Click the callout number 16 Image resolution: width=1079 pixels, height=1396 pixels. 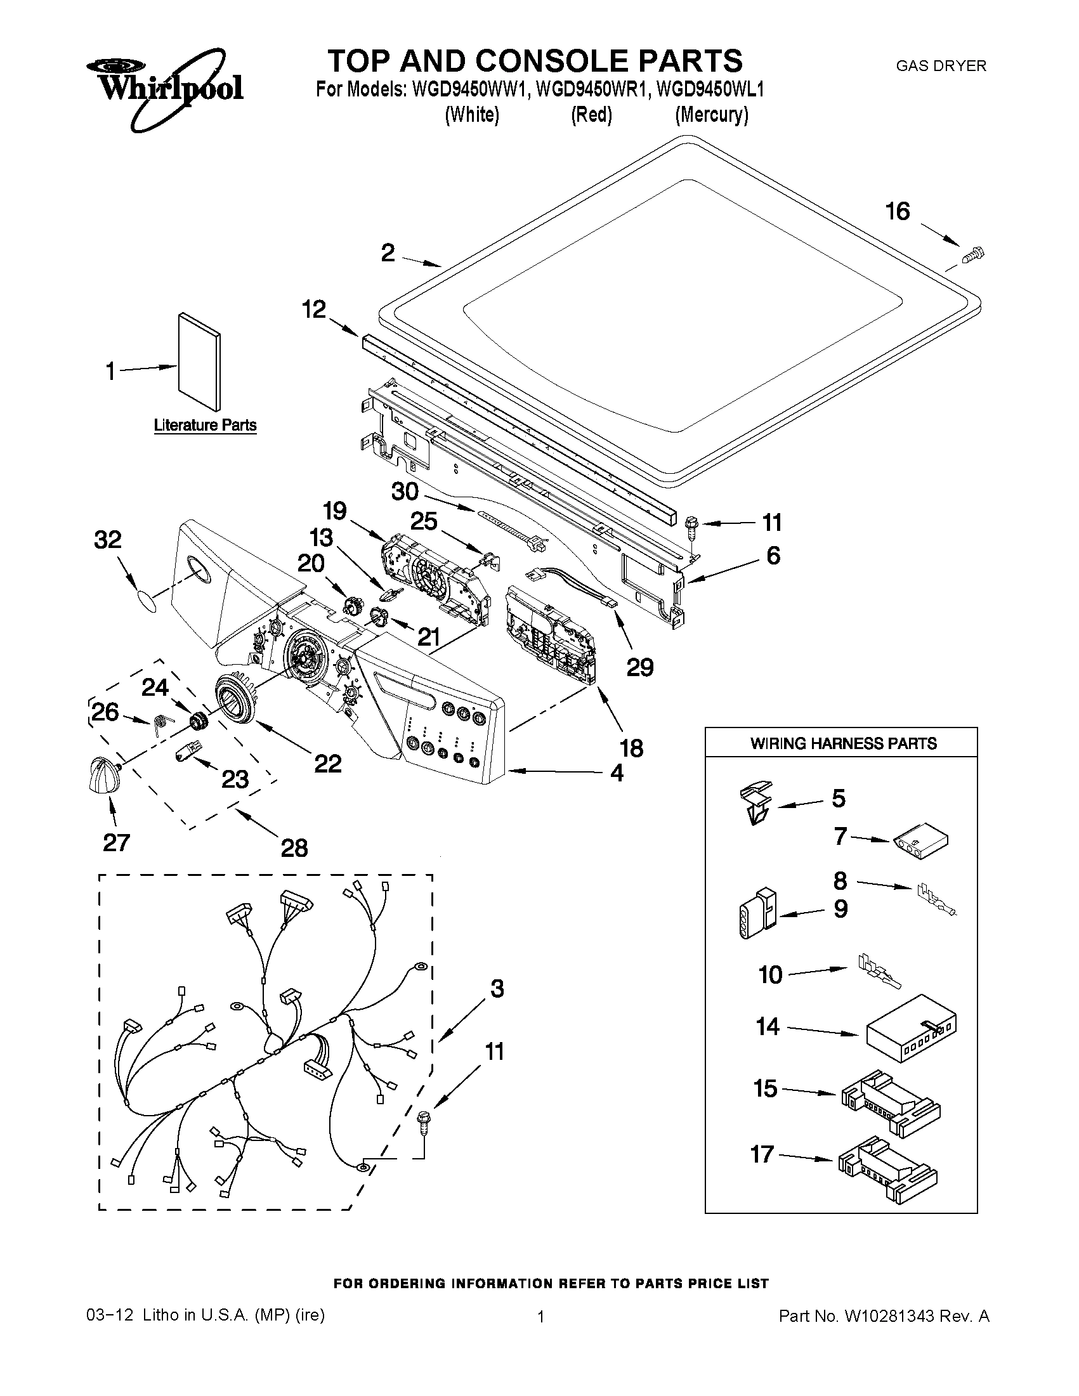pyautogui.click(x=898, y=212)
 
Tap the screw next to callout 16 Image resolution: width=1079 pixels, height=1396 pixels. pyautogui.click(x=973, y=255)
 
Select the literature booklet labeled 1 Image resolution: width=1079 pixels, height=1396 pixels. pyautogui.click(x=200, y=363)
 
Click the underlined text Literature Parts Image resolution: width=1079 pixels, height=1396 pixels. pyautogui.click(x=205, y=426)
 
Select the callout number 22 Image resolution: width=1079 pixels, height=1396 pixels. pyautogui.click(x=327, y=763)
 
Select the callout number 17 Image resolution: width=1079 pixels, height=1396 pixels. pyautogui.click(x=762, y=1154)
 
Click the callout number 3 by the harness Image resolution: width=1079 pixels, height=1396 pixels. pyautogui.click(x=497, y=988)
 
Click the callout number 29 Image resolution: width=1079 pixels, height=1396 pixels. pyautogui.click(x=639, y=667)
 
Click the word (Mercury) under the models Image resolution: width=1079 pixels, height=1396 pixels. pyautogui.click(x=712, y=115)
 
